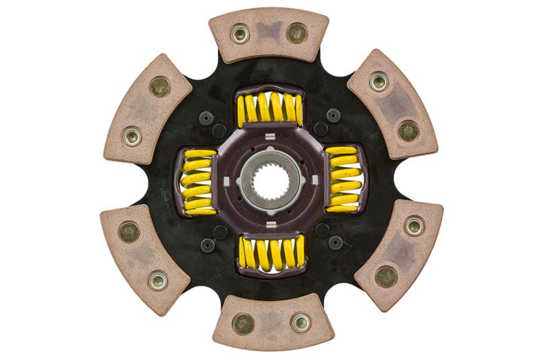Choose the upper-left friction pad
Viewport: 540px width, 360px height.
tap(148, 108)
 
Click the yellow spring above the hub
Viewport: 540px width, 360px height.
tap(269, 110)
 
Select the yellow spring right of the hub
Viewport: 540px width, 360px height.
tap(345, 180)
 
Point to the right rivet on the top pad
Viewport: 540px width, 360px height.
tap(296, 32)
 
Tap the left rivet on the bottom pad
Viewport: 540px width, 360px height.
tap(243, 324)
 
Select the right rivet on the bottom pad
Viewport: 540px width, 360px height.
tap(301, 322)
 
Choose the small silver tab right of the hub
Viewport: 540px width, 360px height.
tap(314, 180)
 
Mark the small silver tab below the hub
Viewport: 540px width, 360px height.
tap(271, 223)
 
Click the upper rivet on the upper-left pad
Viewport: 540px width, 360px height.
tap(160, 86)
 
